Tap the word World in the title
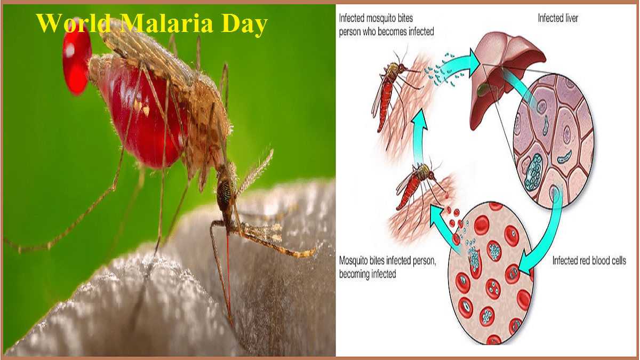point(73,23)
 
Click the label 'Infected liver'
point(558,18)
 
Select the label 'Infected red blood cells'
point(589,261)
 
